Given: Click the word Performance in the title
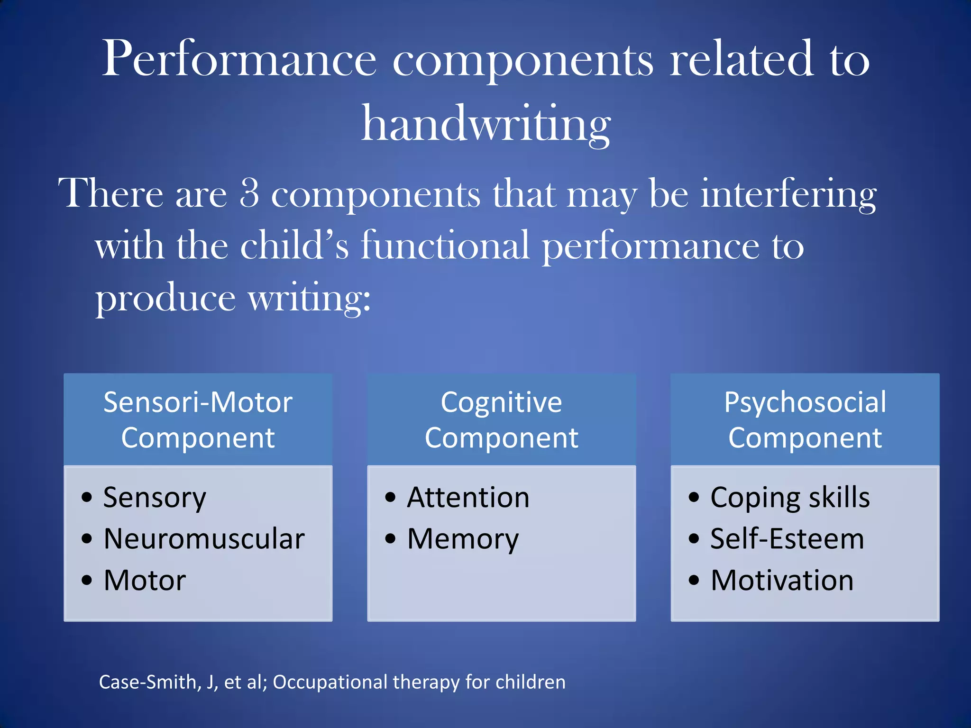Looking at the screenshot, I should [x=239, y=59].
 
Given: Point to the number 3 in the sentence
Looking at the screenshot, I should [x=249, y=193].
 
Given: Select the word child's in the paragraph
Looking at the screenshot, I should [x=294, y=246].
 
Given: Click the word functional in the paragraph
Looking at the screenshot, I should [x=445, y=246].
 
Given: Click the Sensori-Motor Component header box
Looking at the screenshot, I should [x=198, y=419].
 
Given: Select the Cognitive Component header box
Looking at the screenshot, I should [x=501, y=419].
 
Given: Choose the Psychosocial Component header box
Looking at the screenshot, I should [x=805, y=419].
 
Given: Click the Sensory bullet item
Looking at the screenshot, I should [x=155, y=498].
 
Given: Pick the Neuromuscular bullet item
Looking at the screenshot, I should [x=204, y=539].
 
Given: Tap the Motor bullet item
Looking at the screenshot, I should [x=145, y=580].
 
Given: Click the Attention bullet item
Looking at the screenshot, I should [x=468, y=498].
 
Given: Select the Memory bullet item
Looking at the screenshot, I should [x=463, y=539].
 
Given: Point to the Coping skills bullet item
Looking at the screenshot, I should [x=790, y=498].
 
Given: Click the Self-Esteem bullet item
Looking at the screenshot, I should [x=787, y=539].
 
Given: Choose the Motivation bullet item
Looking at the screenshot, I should [x=782, y=580].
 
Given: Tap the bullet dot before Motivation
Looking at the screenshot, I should [x=694, y=580].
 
